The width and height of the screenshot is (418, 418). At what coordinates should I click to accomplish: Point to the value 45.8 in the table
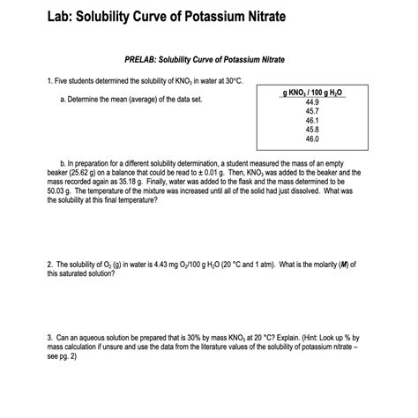311,130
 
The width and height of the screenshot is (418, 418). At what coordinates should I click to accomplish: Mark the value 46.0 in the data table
311,139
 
